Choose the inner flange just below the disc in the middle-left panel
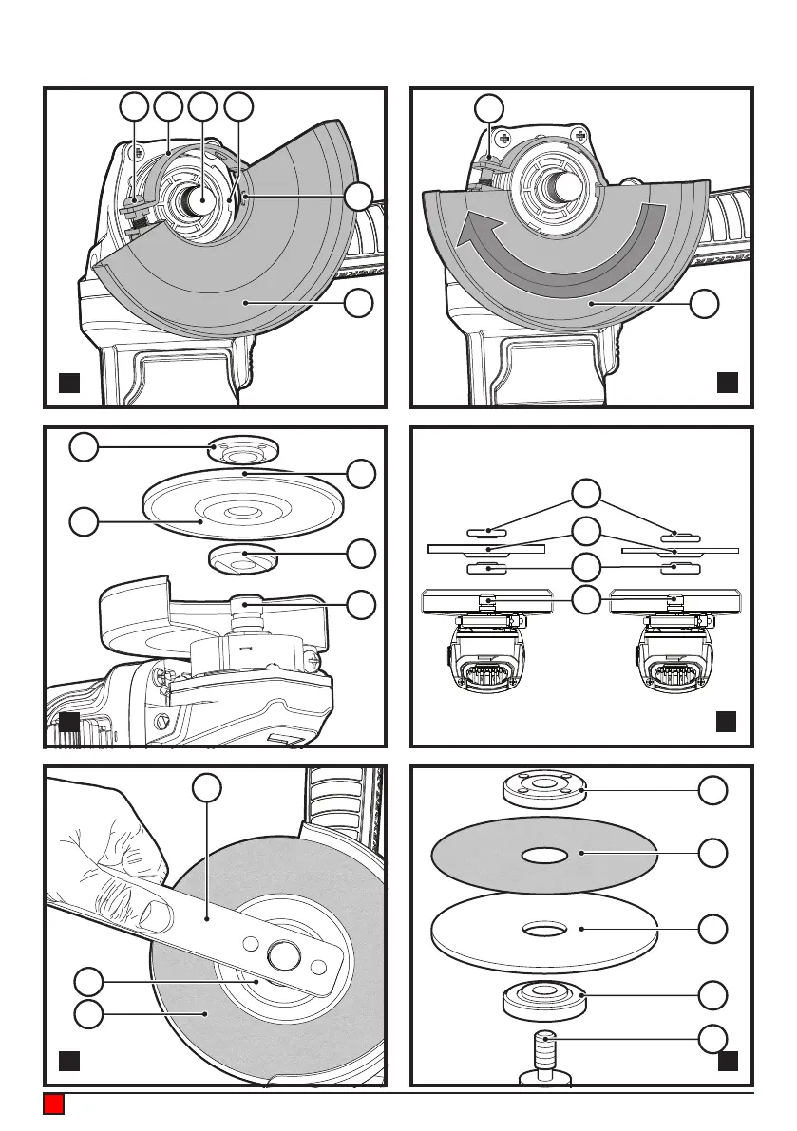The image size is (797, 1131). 241,559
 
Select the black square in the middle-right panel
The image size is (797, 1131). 728,721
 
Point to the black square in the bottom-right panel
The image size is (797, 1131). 728,1060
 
